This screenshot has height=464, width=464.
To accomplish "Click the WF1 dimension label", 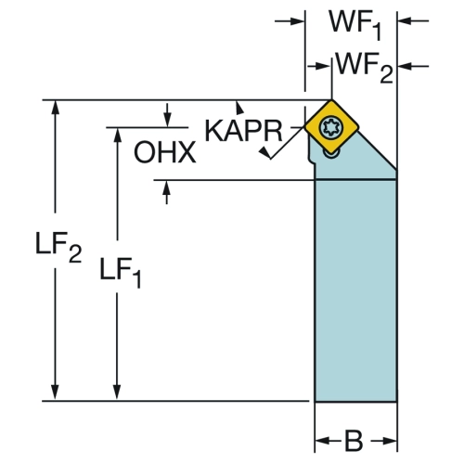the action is (x=354, y=25).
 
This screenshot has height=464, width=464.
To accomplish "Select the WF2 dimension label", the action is (x=365, y=68).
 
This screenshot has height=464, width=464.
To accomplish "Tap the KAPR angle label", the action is (x=244, y=131).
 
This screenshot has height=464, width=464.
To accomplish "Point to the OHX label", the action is (x=164, y=152).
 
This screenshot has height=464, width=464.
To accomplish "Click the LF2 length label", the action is (x=58, y=248).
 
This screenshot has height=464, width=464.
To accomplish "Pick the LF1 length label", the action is (x=121, y=273).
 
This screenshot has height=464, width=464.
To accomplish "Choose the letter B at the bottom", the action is (x=354, y=441).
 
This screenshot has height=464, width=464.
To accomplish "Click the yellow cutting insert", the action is (x=331, y=126).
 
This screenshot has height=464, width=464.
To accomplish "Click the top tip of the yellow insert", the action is (x=331, y=99).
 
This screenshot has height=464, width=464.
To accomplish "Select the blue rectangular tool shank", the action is (x=355, y=290).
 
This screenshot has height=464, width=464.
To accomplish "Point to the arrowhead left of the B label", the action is (x=322, y=441).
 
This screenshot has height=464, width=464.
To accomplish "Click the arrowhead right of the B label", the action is (x=390, y=441).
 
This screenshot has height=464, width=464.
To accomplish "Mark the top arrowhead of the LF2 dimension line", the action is (x=55, y=108).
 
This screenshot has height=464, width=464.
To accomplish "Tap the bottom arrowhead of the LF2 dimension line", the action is (x=55, y=393).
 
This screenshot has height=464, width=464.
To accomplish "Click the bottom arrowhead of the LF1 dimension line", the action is (x=117, y=393).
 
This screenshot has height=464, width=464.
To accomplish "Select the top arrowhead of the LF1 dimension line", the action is (x=117, y=135).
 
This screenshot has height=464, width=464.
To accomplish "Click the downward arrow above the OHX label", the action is (x=167, y=120).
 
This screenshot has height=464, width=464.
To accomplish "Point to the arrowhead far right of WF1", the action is (x=405, y=21).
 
